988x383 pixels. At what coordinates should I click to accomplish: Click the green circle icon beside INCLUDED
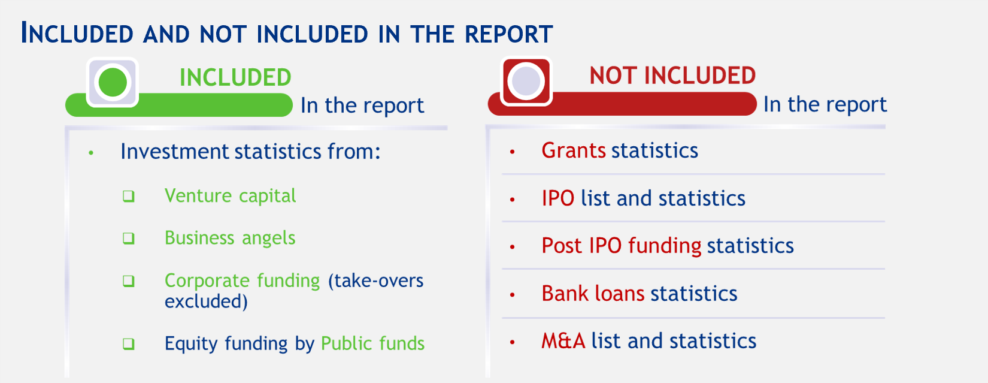coord(113,82)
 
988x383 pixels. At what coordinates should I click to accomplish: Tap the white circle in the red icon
coord(526,82)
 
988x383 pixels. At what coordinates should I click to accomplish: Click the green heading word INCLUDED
coord(235,78)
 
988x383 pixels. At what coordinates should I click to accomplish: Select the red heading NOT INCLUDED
coord(672,76)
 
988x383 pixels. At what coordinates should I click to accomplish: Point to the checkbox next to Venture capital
coord(128,196)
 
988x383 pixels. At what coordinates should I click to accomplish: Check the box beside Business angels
coord(128,239)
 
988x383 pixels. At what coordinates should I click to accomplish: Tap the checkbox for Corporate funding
coord(128,281)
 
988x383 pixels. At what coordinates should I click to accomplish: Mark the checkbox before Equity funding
coord(128,343)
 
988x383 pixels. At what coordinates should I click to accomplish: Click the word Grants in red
coord(574,150)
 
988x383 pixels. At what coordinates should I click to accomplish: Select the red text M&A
coord(563,340)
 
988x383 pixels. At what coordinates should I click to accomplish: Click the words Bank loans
coord(593,293)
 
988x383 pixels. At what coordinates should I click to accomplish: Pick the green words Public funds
coord(372,343)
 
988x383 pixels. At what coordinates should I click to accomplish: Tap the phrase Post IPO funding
coord(622,246)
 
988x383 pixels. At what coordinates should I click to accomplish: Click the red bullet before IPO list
coord(512,200)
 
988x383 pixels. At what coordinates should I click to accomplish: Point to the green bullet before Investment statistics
coord(91,153)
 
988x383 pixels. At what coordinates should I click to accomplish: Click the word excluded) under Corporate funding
coord(206,301)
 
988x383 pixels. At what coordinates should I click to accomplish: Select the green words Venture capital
coord(230,196)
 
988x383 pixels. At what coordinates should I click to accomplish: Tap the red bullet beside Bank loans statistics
coord(512,295)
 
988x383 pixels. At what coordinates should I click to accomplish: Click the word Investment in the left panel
coord(175,152)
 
